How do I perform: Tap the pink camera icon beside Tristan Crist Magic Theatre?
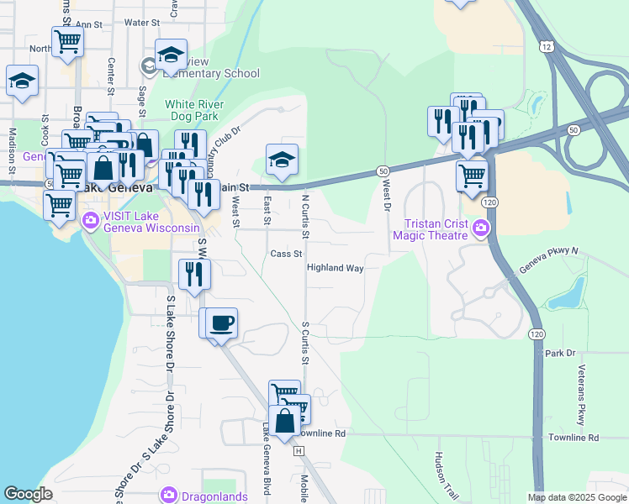pyautogui.click(x=480, y=228)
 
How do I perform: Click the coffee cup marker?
pyautogui.click(x=222, y=323)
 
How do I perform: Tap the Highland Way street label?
pyautogui.click(x=335, y=268)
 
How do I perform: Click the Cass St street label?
pyautogui.click(x=286, y=254)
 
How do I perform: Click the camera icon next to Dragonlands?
pyautogui.click(x=169, y=494)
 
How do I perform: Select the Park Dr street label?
pyautogui.click(x=560, y=353)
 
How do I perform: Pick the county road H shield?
pyautogui.click(x=298, y=451)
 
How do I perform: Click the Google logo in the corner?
pyautogui.click(x=28, y=494)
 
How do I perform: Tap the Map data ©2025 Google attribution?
pyautogui.click(x=576, y=497)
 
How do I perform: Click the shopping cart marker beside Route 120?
pyautogui.click(x=472, y=176)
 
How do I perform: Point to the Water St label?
pyautogui.click(x=142, y=22)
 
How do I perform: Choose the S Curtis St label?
pyautogui.click(x=304, y=344)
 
